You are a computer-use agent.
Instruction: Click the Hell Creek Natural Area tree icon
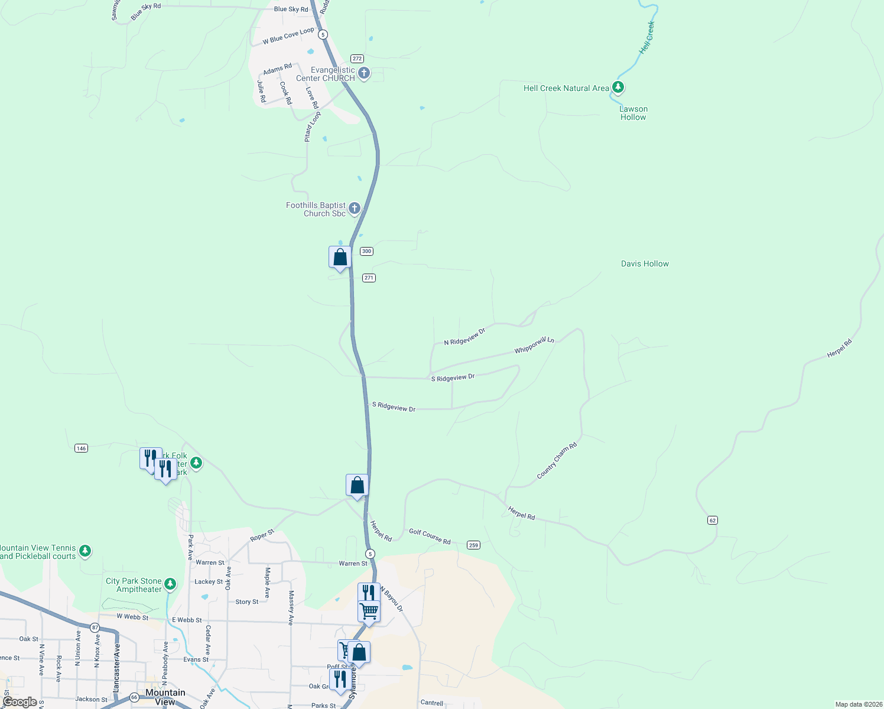(x=618, y=87)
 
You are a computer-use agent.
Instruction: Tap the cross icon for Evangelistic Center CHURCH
(x=364, y=73)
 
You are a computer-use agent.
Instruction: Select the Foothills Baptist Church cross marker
(x=355, y=208)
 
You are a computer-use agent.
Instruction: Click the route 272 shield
(x=357, y=58)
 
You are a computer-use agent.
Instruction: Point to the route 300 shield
(x=366, y=251)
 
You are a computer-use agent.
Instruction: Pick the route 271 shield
(x=369, y=278)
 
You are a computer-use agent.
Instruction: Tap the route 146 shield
(x=82, y=448)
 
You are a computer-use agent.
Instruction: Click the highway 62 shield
(x=712, y=521)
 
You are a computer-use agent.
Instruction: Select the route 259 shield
(x=473, y=545)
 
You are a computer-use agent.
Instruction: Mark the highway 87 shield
(x=95, y=627)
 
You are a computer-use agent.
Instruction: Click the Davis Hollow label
(x=645, y=264)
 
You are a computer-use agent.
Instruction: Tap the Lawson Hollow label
(x=633, y=113)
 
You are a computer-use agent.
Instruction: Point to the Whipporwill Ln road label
(x=534, y=345)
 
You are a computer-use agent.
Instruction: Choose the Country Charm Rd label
(x=557, y=461)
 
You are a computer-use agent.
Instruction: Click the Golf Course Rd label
(x=430, y=536)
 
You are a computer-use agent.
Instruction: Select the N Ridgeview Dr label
(x=464, y=337)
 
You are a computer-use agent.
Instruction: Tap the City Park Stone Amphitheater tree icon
(x=170, y=584)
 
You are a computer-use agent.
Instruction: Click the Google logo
(x=19, y=702)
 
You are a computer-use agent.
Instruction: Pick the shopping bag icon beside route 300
(x=340, y=258)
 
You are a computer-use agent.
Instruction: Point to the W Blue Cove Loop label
(x=288, y=36)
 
